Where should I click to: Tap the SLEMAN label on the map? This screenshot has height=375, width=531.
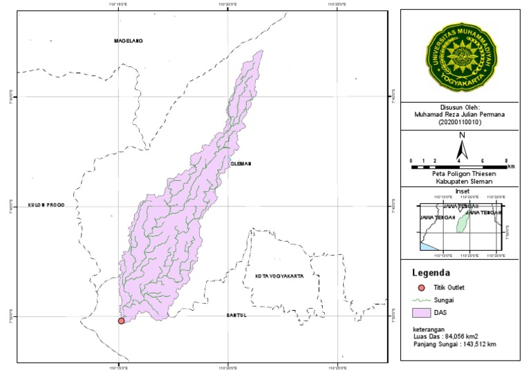coord(241,164)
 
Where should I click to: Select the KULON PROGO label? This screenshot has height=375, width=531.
coord(46,205)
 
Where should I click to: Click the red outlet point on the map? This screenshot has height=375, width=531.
coord(121,320)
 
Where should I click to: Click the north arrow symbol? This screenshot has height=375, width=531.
coord(462,148)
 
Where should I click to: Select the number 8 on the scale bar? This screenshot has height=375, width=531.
coord(507,160)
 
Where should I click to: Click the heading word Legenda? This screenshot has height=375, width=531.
coord(431,272)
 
